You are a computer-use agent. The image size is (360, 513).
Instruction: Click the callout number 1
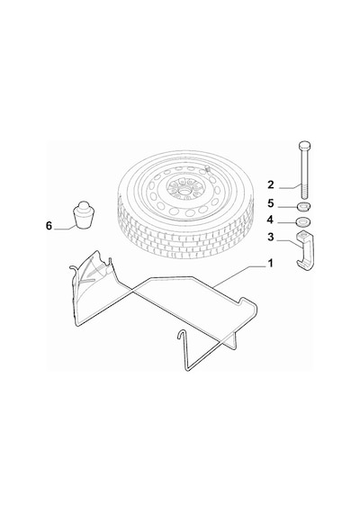tap(270, 263)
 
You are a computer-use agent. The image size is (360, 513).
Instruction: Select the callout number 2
tap(270, 184)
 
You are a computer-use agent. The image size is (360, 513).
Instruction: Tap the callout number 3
tap(270, 237)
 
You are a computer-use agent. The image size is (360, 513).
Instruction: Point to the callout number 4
tap(270, 220)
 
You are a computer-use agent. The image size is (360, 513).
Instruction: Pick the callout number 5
tap(270, 203)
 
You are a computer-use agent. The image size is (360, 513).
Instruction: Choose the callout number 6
tap(49, 226)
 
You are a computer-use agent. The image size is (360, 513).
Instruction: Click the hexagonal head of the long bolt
tap(304, 145)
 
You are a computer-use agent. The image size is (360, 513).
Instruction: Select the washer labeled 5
tap(303, 207)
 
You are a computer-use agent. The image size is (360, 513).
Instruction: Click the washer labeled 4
tap(303, 222)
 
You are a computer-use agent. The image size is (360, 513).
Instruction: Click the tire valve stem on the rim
tap(208, 169)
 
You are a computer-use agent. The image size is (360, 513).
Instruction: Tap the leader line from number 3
tap(289, 244)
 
